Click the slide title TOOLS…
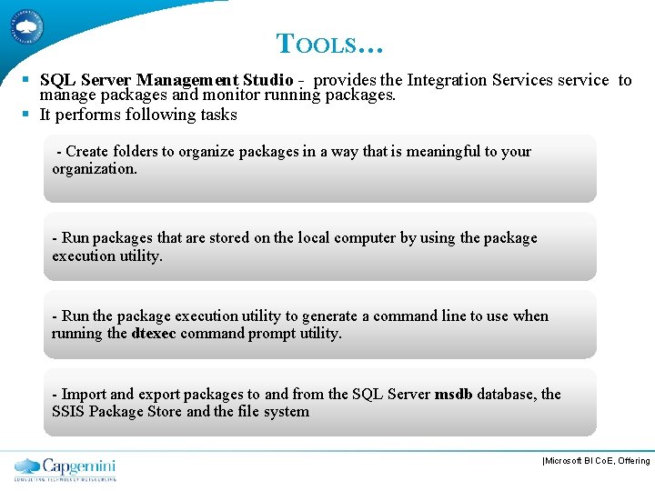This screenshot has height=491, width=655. [330, 43]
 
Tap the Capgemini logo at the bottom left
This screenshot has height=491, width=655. [65, 468]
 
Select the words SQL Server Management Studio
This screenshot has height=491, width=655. [166, 80]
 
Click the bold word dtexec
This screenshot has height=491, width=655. [154, 334]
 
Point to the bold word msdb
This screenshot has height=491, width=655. [454, 394]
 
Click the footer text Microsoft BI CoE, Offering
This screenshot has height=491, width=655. [597, 462]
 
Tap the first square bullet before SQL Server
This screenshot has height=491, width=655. [27, 80]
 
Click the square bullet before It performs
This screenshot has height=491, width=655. [27, 115]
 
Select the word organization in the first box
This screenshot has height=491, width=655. [94, 169]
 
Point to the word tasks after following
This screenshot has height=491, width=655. [219, 115]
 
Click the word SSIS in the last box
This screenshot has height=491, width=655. [69, 412]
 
